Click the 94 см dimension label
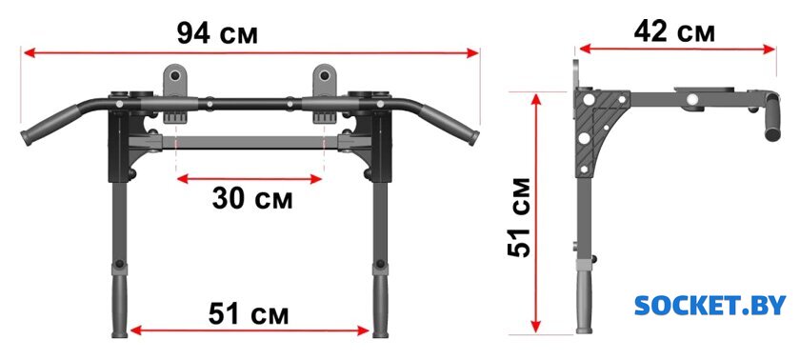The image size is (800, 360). (217, 33)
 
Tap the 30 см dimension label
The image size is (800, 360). (252, 198)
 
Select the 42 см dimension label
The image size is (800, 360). (674, 31)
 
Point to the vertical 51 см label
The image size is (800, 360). (519, 217)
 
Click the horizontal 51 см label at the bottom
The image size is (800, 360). (249, 313)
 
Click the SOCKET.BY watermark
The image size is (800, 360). (710, 305)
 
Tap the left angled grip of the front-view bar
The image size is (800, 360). (50, 125)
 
